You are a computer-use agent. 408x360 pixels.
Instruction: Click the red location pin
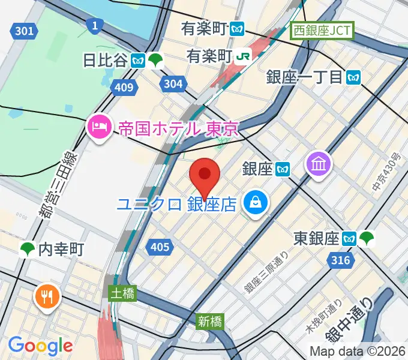click(x=205, y=175)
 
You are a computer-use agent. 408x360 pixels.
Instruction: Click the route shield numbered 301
click(x=23, y=31)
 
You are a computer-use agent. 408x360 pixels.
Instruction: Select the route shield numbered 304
click(x=173, y=84)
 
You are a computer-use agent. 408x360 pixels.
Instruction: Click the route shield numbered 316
click(x=340, y=260)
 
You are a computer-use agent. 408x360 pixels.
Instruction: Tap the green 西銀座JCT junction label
click(x=322, y=30)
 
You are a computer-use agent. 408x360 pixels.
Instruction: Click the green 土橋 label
click(x=122, y=293)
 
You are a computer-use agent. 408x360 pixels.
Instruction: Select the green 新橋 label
click(x=210, y=321)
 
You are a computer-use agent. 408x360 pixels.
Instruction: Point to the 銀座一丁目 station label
click(x=304, y=77)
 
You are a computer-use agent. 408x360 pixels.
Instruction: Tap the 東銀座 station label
click(x=316, y=239)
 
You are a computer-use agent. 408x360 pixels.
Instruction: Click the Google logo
click(x=40, y=346)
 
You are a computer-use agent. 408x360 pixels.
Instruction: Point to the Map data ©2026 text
click(x=357, y=351)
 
